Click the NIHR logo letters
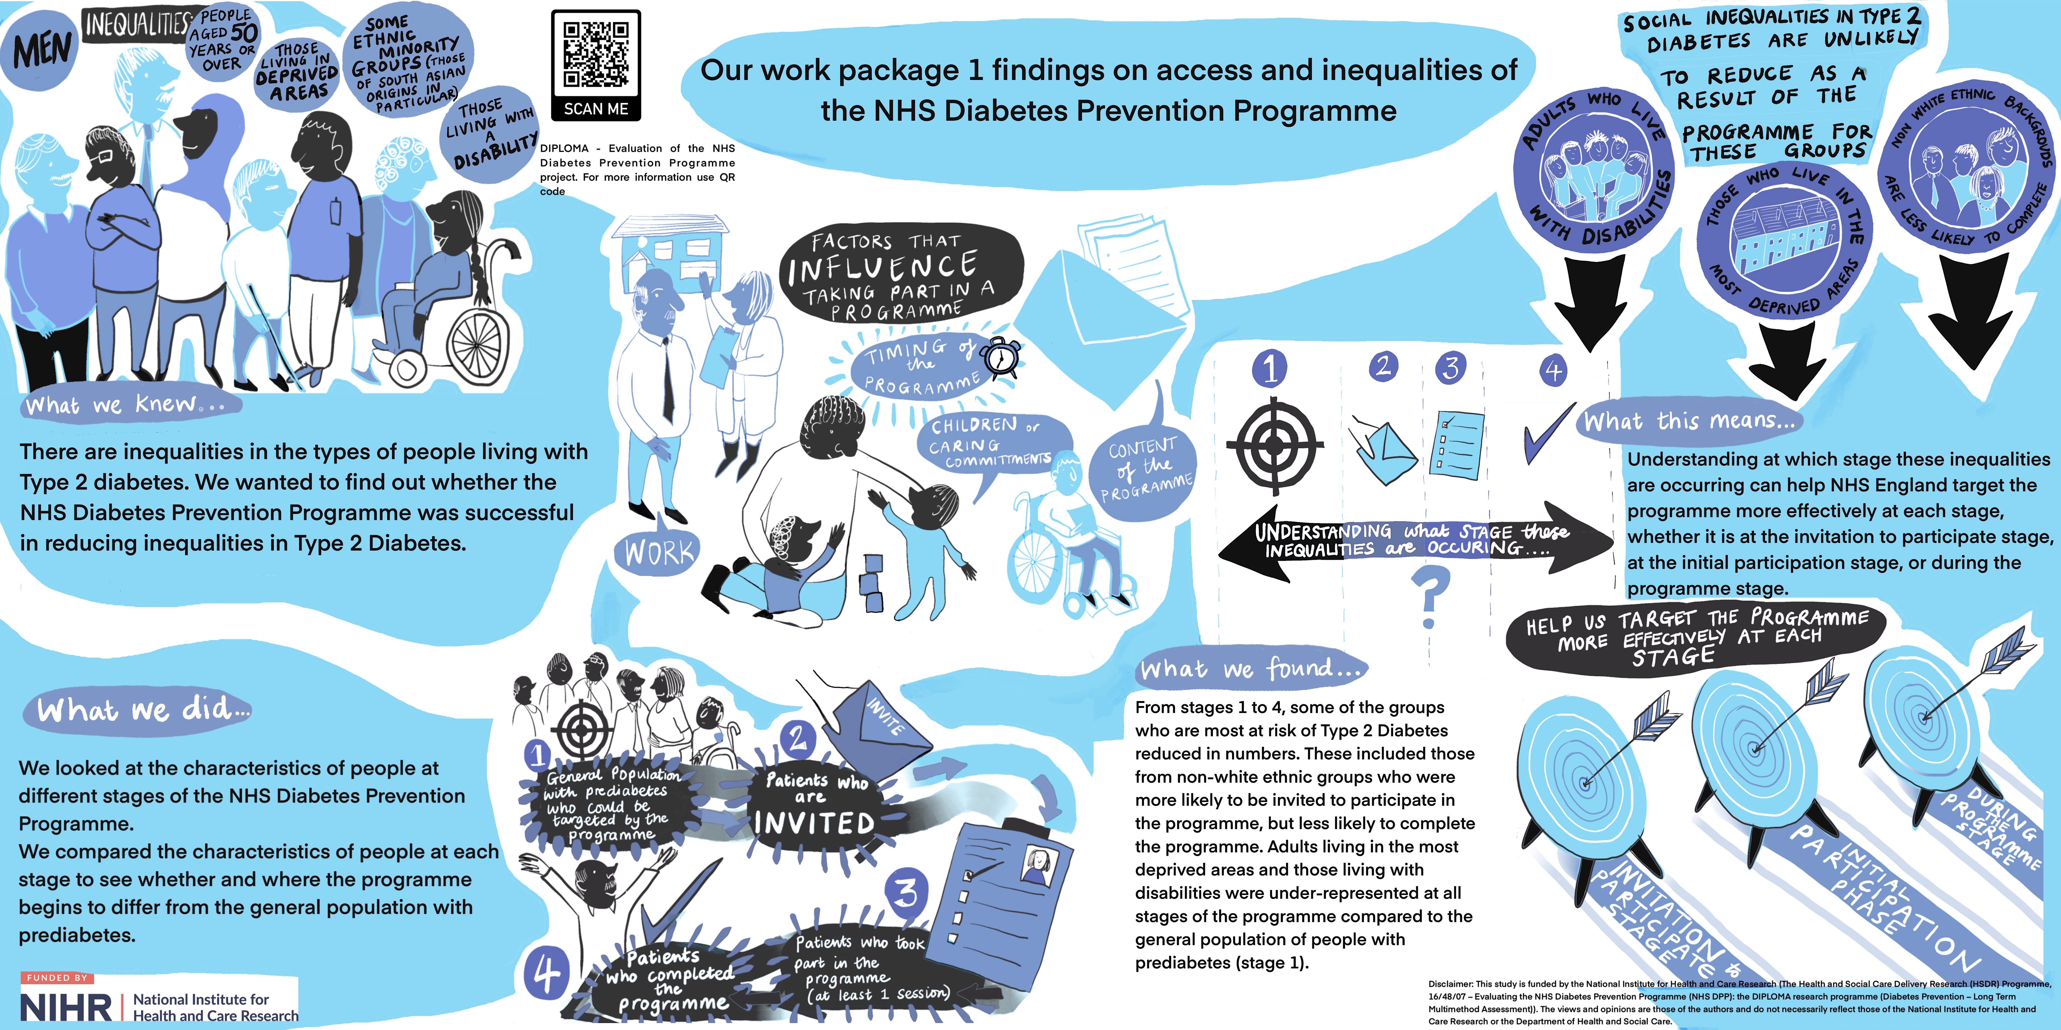66,1006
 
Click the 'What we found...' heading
1250,668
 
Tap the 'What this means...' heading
1690,420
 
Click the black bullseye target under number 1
1270,445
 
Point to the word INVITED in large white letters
814,823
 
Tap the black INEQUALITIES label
136,24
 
